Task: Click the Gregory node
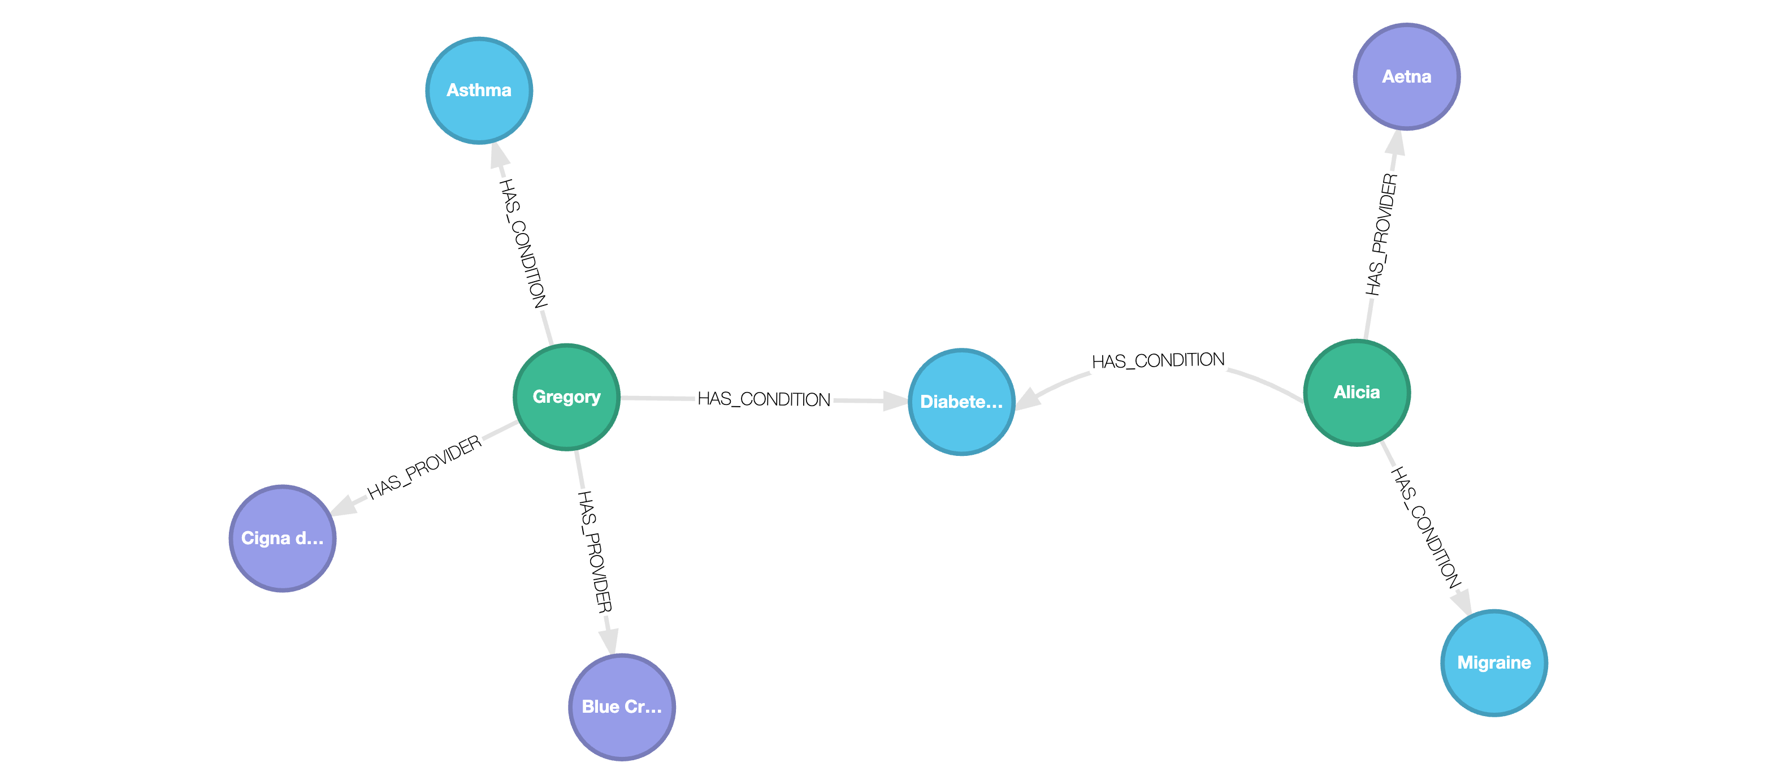[x=566, y=397]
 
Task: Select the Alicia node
[x=1356, y=393]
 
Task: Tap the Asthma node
[x=479, y=91]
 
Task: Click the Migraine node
[x=1493, y=662]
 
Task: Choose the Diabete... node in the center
[x=961, y=402]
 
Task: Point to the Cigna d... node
[x=282, y=539]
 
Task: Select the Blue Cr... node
[x=622, y=707]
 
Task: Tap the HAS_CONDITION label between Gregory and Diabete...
[x=764, y=399]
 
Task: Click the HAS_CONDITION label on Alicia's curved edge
[x=1158, y=360]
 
